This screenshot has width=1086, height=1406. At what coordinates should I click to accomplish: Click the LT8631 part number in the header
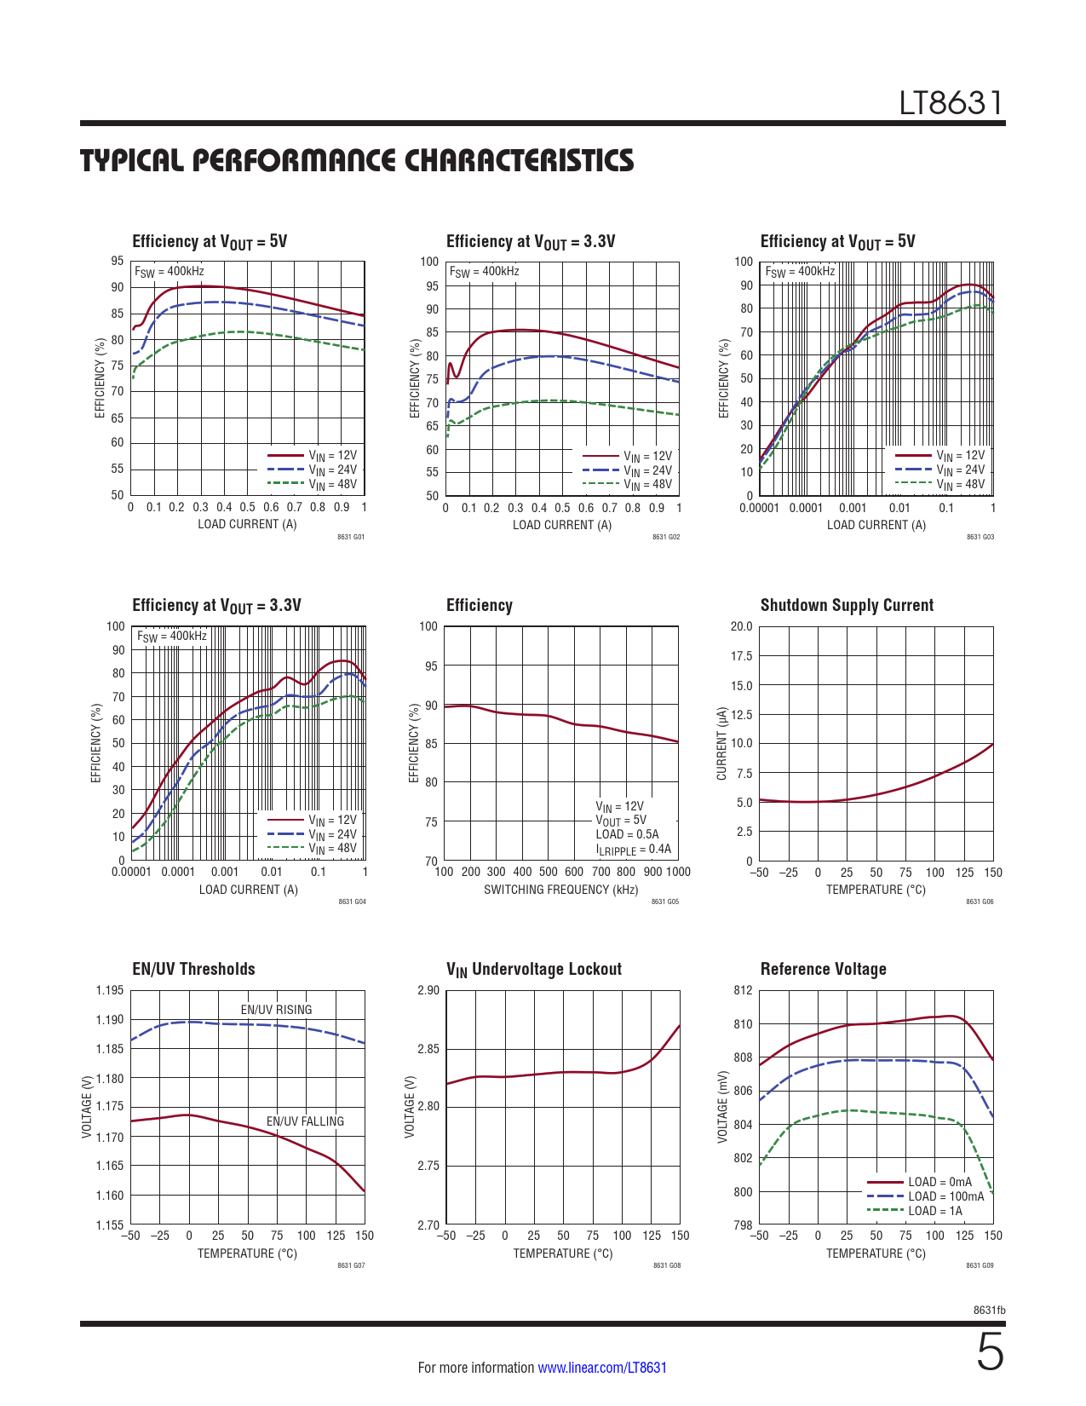pyautogui.click(x=951, y=103)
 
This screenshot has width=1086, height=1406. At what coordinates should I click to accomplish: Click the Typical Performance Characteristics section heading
pyautogui.click(x=357, y=160)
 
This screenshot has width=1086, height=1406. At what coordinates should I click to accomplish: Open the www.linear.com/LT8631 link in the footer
pyautogui.click(x=602, y=1368)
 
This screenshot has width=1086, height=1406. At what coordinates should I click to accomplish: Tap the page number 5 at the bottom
pyautogui.click(x=990, y=1353)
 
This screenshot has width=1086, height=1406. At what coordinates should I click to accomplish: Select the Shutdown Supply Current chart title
pyautogui.click(x=847, y=605)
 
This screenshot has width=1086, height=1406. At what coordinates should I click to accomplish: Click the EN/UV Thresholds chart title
pyautogui.click(x=193, y=969)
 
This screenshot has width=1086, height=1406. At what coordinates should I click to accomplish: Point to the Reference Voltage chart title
pyautogui.click(x=823, y=969)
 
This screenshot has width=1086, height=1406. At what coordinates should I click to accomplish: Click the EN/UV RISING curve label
pyautogui.click(x=276, y=1010)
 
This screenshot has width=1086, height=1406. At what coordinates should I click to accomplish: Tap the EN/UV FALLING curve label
pyautogui.click(x=305, y=1121)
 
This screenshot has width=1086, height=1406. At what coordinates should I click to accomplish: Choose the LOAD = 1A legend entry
pyautogui.click(x=934, y=1211)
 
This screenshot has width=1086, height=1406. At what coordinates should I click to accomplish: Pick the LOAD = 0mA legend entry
pyautogui.click(x=939, y=1182)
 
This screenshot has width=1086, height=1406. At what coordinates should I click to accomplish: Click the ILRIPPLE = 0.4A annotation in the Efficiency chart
pyautogui.click(x=633, y=850)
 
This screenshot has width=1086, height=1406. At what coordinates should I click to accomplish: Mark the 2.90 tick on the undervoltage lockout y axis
pyautogui.click(x=428, y=990)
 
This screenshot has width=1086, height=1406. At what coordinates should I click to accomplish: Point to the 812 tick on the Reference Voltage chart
pyautogui.click(x=743, y=990)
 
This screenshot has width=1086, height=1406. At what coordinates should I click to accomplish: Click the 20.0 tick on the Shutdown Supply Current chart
pyautogui.click(x=741, y=626)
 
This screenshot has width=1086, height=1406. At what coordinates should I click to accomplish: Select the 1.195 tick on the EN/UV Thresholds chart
pyautogui.click(x=109, y=990)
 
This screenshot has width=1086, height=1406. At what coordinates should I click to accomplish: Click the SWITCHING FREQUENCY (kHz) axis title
pyautogui.click(x=560, y=890)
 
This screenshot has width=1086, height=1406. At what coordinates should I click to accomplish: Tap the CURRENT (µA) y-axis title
pyautogui.click(x=722, y=743)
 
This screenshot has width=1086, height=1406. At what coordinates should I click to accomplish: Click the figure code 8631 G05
pyautogui.click(x=665, y=902)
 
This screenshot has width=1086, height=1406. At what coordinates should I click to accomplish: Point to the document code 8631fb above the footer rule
pyautogui.click(x=989, y=1310)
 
